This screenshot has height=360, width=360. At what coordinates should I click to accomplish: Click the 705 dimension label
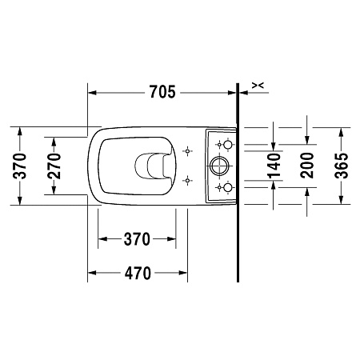tap(162, 92)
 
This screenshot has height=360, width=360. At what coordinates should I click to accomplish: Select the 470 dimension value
tap(138, 273)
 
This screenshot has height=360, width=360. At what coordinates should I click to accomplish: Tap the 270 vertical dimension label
tap(54, 166)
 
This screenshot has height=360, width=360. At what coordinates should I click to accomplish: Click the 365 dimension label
tap(342, 165)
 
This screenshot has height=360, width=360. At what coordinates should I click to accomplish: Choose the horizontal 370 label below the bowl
tap(137, 239)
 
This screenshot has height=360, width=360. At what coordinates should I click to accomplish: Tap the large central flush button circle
tap(220, 166)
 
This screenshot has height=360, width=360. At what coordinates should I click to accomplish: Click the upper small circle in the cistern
tap(226, 145)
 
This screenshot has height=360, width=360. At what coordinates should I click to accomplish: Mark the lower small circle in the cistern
tap(226, 188)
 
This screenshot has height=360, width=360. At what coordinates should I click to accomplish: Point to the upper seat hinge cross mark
tap(187, 150)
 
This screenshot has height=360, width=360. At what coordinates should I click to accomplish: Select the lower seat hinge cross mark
tap(187, 180)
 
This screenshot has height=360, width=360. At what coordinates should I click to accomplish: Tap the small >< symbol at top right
tap(258, 84)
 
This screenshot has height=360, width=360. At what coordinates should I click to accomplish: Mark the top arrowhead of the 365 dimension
tap(342, 129)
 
